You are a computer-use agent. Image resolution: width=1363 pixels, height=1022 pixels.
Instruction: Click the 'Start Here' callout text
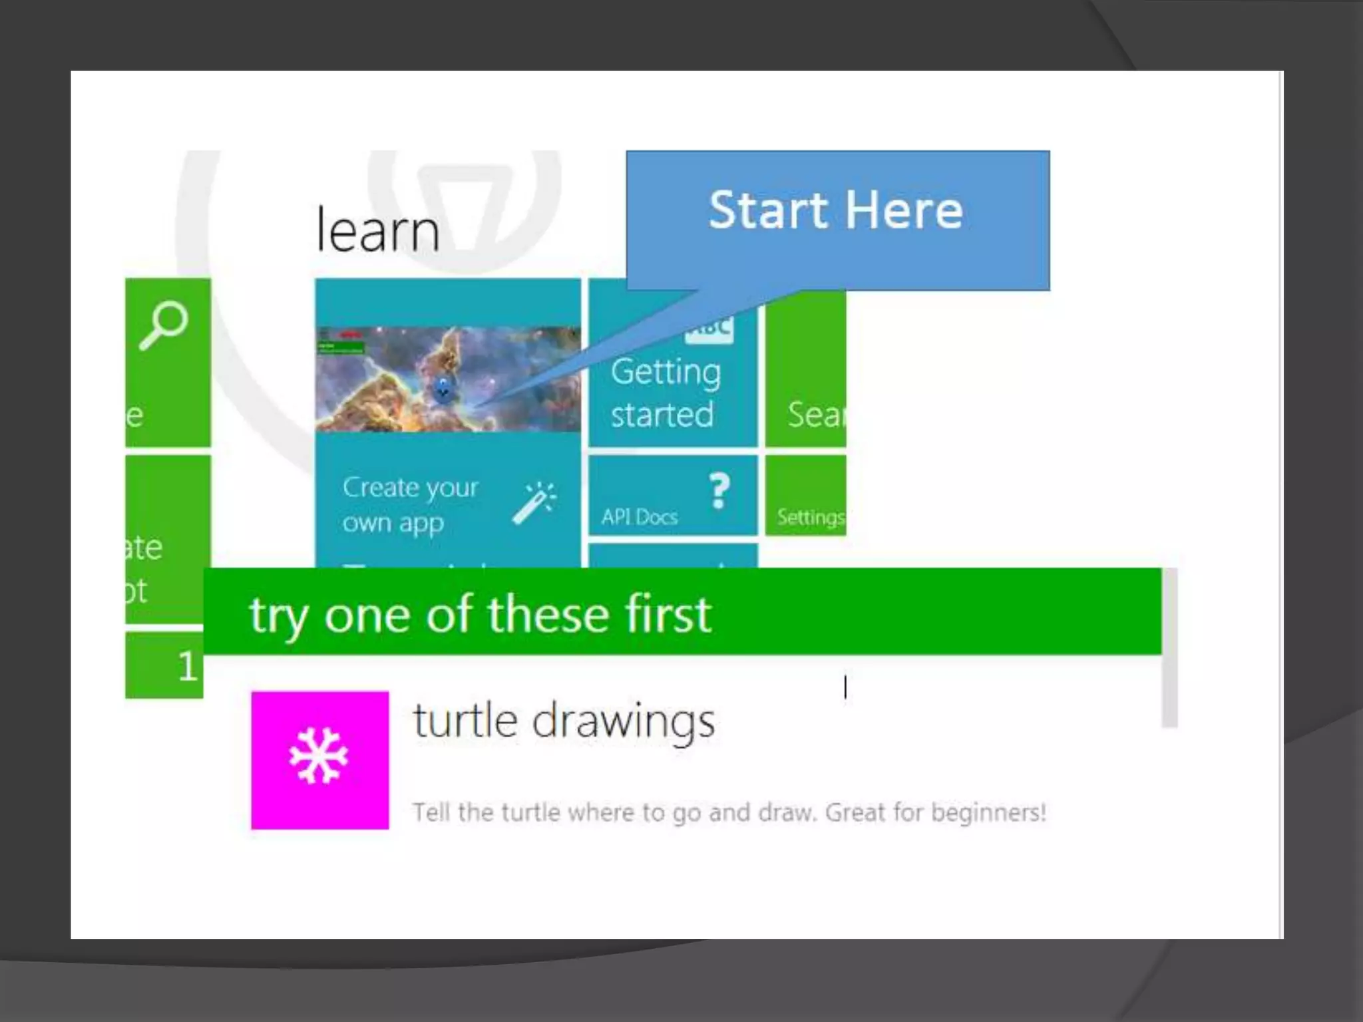pos(835,210)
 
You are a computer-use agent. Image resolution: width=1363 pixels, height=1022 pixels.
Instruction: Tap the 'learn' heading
pos(377,230)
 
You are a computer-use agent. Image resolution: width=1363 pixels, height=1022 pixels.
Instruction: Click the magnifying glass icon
pos(163,325)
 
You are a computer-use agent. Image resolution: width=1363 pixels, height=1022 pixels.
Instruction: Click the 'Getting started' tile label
pos(665,393)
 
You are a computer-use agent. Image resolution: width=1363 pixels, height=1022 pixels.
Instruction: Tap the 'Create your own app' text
pos(409,505)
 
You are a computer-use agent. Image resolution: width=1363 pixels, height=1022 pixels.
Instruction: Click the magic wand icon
pos(534,503)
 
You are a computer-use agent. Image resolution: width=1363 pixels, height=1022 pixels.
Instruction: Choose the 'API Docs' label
pos(639,517)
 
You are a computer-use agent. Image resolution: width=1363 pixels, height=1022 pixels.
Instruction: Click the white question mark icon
pos(719,491)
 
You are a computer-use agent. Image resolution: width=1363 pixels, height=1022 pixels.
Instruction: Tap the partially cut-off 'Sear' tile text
pos(815,415)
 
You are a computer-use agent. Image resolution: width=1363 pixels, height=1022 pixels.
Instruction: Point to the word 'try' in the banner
pos(278,616)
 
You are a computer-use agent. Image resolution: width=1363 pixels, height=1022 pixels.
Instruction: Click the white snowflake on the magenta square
pos(319,757)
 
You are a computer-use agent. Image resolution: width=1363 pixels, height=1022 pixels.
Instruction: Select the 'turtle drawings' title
pos(563,721)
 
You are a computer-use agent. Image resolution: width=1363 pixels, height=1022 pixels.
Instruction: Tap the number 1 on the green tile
pos(187,665)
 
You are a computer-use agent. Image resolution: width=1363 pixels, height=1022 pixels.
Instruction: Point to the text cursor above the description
pos(845,687)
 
